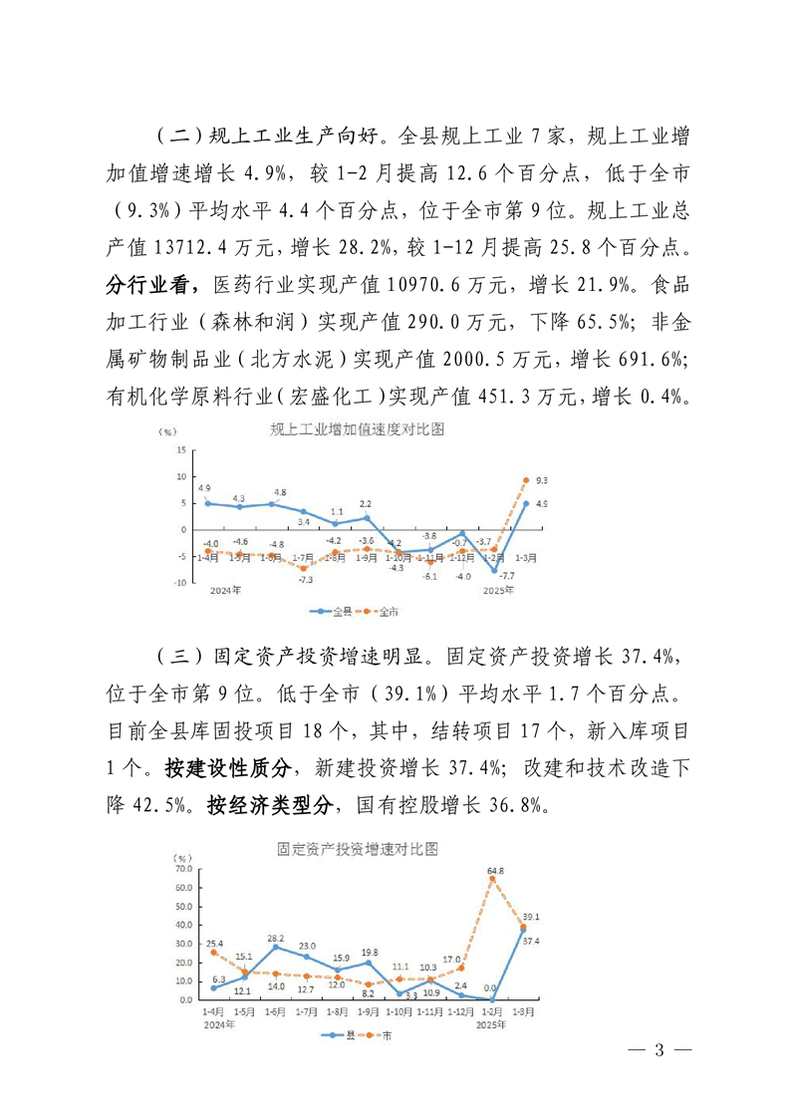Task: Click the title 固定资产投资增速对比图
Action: (x=358, y=850)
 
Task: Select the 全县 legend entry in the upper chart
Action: (x=323, y=609)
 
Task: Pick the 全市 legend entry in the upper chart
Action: (x=365, y=609)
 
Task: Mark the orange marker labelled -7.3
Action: (x=303, y=568)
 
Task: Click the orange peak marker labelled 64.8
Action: (x=492, y=878)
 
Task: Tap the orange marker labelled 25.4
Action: (x=213, y=952)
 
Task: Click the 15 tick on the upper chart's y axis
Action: (x=182, y=450)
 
